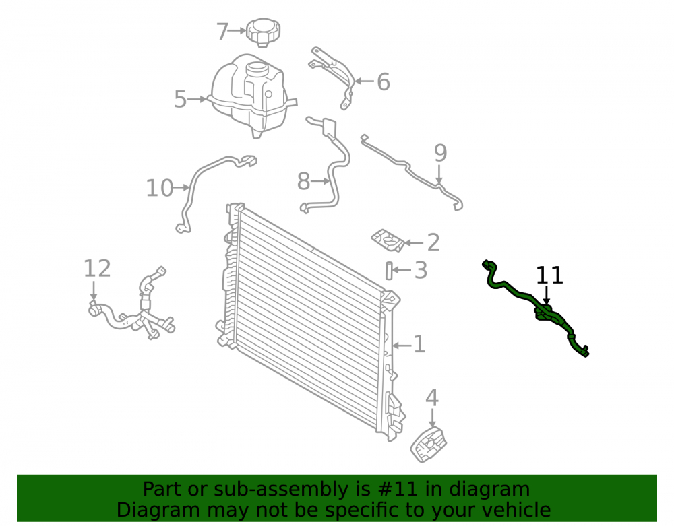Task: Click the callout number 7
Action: click(x=222, y=32)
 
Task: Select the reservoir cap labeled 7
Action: click(x=263, y=32)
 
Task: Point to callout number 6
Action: click(x=384, y=82)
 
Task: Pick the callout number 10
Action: click(x=160, y=188)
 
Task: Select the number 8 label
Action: click(x=303, y=181)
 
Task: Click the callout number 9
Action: click(x=441, y=153)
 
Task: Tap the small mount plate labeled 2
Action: click(x=388, y=240)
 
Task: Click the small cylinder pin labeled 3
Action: click(x=389, y=271)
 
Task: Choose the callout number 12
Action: click(x=97, y=268)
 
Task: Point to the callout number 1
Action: click(x=419, y=344)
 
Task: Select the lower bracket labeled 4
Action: click(x=429, y=445)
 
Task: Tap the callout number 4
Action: click(x=432, y=397)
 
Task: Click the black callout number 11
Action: click(x=549, y=275)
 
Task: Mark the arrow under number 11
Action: click(x=546, y=296)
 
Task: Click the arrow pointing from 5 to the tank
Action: click(x=197, y=99)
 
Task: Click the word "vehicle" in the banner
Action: click(x=516, y=510)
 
